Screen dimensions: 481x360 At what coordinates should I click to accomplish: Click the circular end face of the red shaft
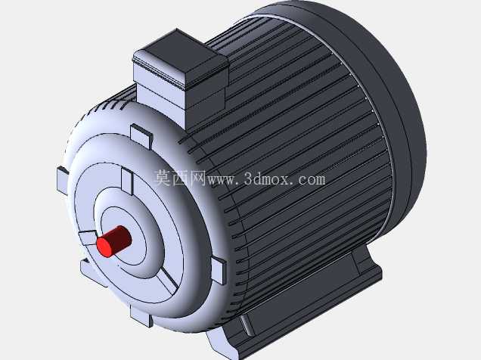pos(104,247)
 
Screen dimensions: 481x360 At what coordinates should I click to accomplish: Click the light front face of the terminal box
pos(160,89)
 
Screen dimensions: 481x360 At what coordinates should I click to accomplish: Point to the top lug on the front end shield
pos(141,135)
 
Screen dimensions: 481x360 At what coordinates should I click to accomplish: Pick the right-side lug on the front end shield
pos(219,271)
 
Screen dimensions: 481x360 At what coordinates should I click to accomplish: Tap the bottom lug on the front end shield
pos(141,315)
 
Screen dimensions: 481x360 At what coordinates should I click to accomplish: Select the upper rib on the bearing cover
pos(127,181)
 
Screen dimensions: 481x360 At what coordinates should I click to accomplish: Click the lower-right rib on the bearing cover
pos(168,281)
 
